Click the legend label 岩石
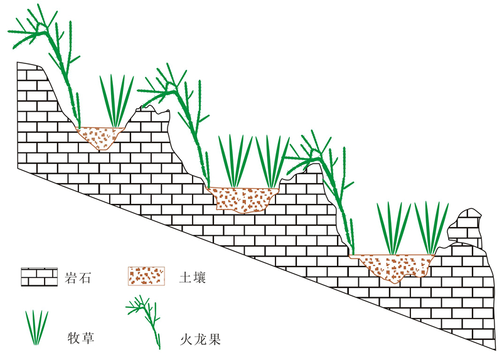coord(78,277)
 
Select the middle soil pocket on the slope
coord(242,198)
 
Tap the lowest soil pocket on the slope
coord(392,267)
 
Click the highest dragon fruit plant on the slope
coord(60,56)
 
